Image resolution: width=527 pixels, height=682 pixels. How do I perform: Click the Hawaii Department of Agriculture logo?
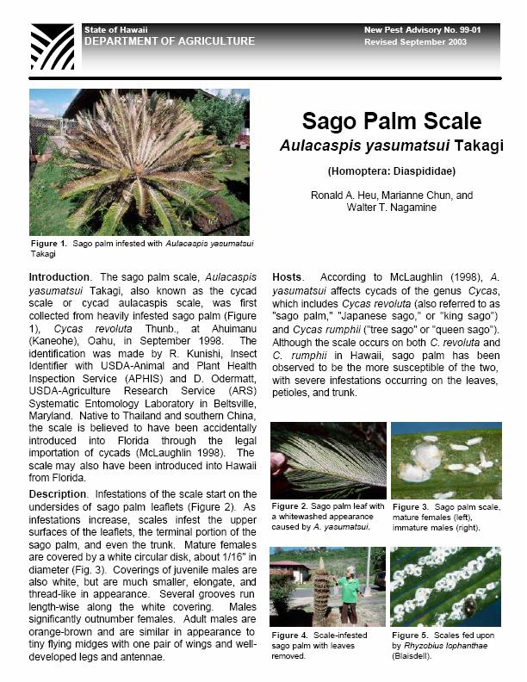(51, 47)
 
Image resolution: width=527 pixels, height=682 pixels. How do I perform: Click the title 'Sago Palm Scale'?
(390, 121)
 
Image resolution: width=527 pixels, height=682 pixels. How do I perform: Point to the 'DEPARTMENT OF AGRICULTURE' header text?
(170, 41)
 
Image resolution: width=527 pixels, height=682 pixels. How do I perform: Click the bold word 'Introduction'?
(59, 277)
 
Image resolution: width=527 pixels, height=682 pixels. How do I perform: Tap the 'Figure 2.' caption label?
(289, 506)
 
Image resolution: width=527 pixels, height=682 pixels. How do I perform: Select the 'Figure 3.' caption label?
(410, 506)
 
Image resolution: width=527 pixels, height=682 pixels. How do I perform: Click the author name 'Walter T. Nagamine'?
(391, 208)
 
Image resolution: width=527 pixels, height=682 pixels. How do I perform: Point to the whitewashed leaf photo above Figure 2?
(328, 460)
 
